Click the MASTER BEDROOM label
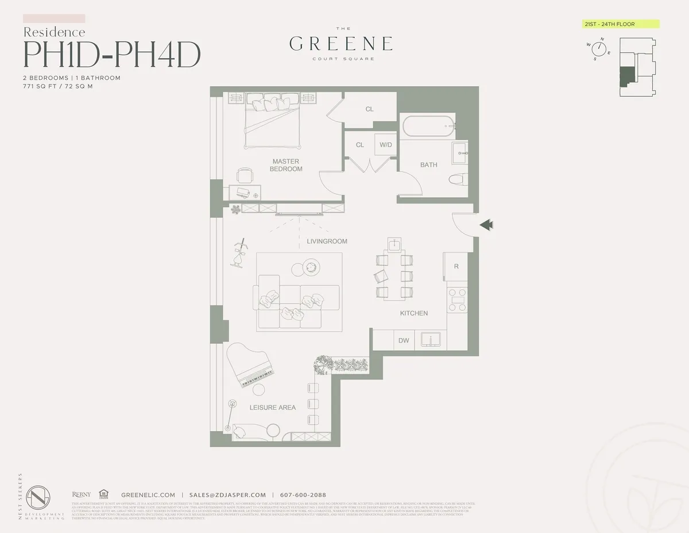point(286,165)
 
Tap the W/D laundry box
point(385,145)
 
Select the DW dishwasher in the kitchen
point(404,340)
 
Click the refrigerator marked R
point(456,267)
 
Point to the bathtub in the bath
point(427,126)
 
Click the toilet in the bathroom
point(458,179)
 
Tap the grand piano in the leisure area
point(250,368)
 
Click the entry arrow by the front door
point(486,225)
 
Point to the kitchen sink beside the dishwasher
point(429,339)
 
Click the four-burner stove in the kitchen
point(458,300)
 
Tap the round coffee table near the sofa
point(311,267)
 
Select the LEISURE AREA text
point(273,408)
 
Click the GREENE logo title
point(341,44)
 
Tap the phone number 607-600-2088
point(303,495)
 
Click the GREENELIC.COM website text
point(148,495)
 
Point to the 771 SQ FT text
point(40,86)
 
